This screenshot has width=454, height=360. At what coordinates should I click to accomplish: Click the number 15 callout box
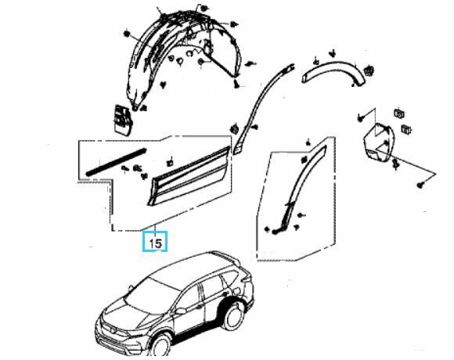[155, 241]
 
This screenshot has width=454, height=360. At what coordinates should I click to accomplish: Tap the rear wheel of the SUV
[232, 316]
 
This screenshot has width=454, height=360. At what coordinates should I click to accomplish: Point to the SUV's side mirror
[180, 311]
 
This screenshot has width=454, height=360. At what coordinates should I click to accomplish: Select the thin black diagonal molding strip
[116, 162]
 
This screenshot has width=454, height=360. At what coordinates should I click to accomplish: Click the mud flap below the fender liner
[123, 119]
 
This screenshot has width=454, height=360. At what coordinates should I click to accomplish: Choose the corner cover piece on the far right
[379, 142]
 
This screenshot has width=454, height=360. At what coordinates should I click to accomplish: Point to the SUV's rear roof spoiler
[226, 256]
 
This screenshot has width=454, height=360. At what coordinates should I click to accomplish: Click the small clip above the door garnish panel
[170, 162]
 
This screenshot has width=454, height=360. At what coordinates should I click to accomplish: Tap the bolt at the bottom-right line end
[420, 185]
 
